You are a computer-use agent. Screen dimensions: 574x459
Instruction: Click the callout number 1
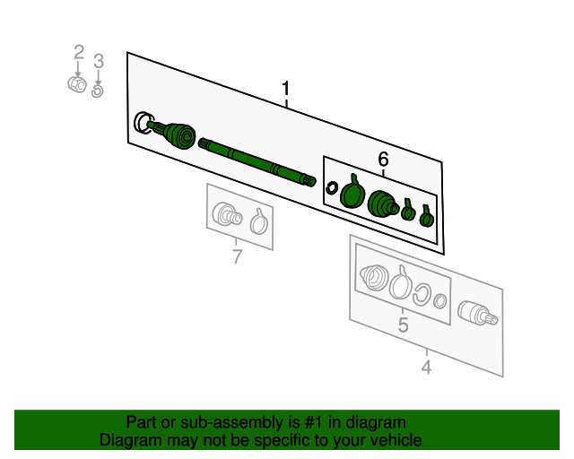tap(285, 89)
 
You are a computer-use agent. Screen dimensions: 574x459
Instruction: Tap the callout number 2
tap(79, 52)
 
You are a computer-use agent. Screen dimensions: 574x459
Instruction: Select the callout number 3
tap(99, 61)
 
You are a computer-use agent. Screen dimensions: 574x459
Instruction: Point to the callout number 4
tap(426, 367)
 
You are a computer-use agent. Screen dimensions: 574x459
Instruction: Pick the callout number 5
tap(403, 325)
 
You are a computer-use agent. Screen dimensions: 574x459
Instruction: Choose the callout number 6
tap(383, 160)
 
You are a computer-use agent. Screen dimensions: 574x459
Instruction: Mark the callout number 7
tap(237, 256)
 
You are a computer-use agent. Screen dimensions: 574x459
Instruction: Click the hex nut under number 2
tap(77, 84)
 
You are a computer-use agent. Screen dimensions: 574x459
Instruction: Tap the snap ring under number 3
tap(98, 91)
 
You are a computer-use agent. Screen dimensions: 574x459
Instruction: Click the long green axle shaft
tap(257, 162)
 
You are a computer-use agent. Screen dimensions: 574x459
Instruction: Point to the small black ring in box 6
tap(331, 188)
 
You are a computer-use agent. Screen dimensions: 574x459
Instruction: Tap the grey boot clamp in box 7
tap(259, 221)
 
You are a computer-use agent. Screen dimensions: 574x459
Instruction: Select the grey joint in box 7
tap(227, 214)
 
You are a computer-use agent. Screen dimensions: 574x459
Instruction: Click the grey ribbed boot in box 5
tap(373, 278)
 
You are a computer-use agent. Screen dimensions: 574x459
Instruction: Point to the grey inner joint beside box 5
tap(477, 314)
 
